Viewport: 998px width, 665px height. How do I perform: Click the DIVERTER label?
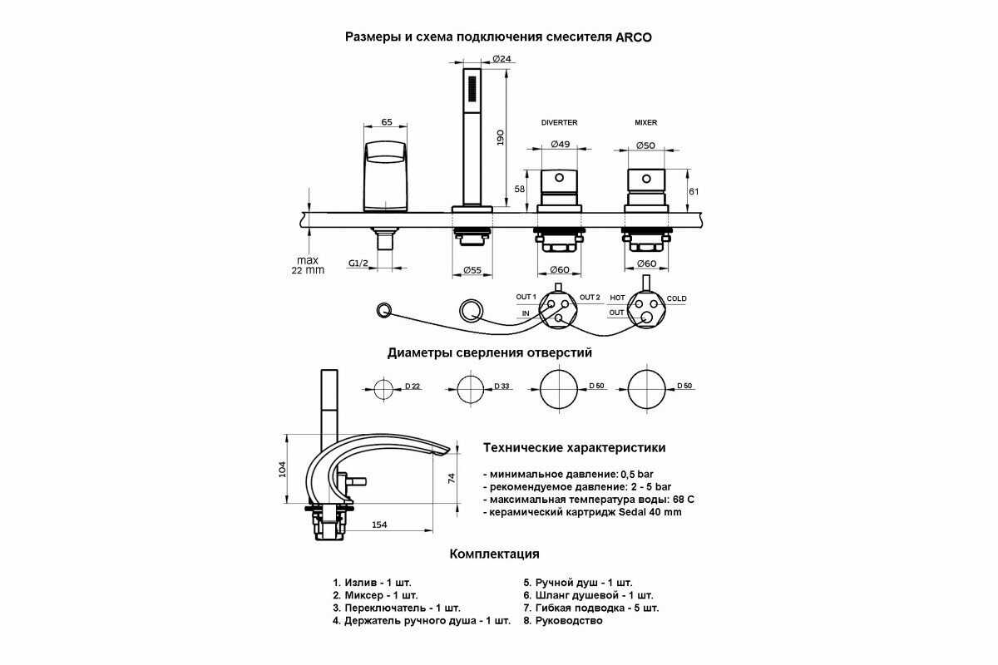coord(559,122)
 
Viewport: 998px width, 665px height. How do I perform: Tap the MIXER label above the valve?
coord(645,122)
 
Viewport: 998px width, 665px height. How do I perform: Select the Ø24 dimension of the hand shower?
coord(502,58)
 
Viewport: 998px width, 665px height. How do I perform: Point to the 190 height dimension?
coord(500,138)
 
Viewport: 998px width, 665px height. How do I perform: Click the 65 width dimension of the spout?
coord(387,121)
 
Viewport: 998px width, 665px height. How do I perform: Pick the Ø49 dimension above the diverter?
coord(560,144)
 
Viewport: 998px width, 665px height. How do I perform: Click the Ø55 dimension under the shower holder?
coord(472,270)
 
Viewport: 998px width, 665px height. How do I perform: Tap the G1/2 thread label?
coord(358,264)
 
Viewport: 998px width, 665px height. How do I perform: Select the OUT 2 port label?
coord(590,297)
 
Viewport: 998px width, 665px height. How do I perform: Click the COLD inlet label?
coord(676,298)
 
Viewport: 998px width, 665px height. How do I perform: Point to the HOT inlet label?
coord(617,298)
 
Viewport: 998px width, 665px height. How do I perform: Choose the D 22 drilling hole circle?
coord(383,389)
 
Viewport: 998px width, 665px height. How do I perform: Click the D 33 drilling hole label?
coord(501,387)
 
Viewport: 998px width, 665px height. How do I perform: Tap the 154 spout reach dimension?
coord(379,525)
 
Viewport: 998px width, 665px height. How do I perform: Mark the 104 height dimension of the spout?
coord(283,469)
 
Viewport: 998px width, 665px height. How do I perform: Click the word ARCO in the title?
coord(634,37)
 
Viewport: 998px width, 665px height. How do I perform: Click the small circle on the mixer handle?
coord(646,179)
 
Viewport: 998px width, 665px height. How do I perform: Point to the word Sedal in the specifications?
coord(632,512)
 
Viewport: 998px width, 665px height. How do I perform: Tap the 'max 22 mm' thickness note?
coord(308,265)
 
